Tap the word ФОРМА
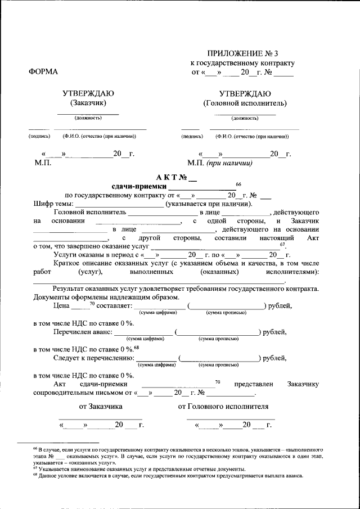coord(43,72)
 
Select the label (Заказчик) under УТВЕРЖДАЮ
coord(88,103)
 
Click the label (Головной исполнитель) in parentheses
coord(245,103)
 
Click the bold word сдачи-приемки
coord(139,187)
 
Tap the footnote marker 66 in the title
coord(238,184)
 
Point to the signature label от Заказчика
coord(101,406)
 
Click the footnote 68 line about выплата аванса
coord(169,475)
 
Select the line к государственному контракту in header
coord(242,63)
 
